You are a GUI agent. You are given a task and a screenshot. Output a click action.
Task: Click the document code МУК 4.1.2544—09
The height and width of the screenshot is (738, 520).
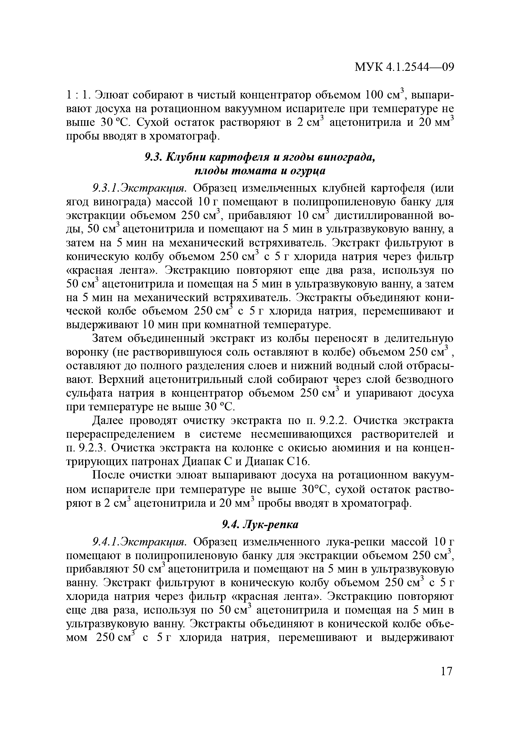(x=404, y=76)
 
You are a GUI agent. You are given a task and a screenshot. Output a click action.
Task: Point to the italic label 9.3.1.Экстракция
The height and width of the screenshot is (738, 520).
(x=139, y=188)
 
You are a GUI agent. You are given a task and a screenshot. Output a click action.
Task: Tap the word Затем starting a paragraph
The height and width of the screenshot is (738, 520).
(x=108, y=338)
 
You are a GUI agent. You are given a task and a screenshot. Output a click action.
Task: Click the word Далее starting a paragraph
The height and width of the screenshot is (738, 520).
(x=108, y=420)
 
